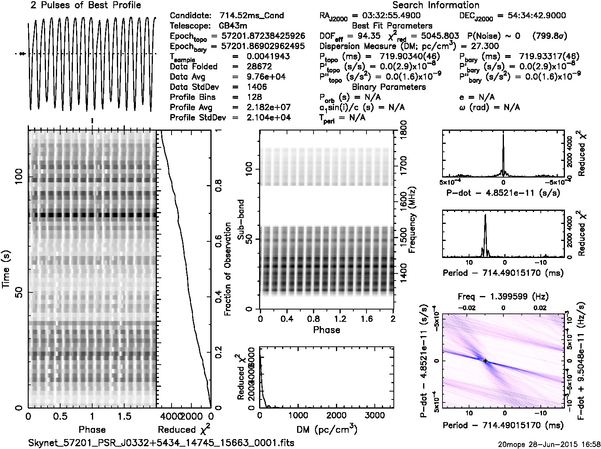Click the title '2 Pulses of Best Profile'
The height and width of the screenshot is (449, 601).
(86, 6)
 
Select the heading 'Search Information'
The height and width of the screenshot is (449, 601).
(436, 6)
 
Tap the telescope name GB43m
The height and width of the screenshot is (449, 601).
(234, 26)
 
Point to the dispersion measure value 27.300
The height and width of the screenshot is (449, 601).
(485, 46)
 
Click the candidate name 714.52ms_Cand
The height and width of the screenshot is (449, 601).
(252, 16)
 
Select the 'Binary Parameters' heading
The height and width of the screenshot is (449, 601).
(389, 87)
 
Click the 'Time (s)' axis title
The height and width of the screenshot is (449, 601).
(7, 269)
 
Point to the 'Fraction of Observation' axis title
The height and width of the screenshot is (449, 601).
(228, 269)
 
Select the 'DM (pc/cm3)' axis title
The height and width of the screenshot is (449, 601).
(326, 429)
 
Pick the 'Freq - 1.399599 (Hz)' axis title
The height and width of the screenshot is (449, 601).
(503, 296)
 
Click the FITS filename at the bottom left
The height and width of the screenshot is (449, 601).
(161, 443)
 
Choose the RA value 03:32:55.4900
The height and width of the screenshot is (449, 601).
(386, 16)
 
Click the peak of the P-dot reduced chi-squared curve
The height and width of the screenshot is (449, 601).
(503, 135)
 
